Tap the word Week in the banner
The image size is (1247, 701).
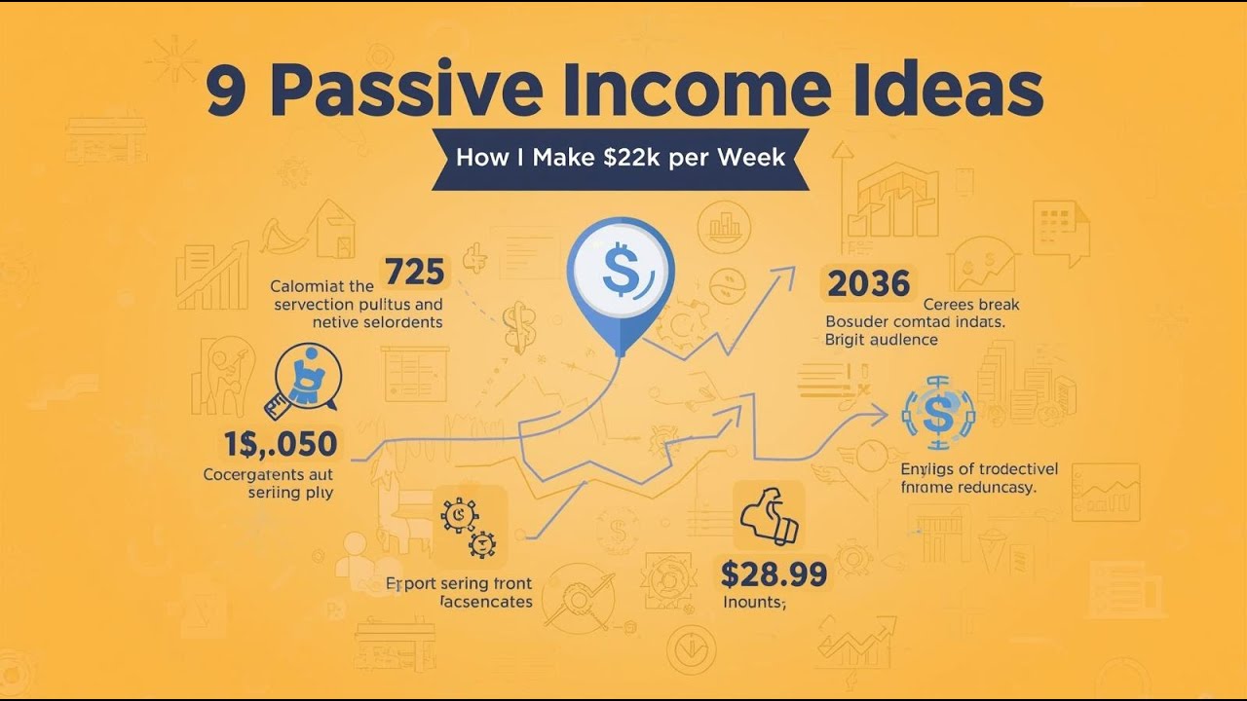[x=751, y=157]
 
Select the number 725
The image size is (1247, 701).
[x=415, y=272]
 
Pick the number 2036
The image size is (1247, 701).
[x=869, y=283]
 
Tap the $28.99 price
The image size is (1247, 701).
[x=774, y=573]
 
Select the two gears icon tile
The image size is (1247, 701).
[x=470, y=526]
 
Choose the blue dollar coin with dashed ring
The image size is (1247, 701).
[x=938, y=413]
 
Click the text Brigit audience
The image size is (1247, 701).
[x=881, y=340]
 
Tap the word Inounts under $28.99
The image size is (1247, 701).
[x=754, y=602]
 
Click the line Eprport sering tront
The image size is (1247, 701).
[x=459, y=583]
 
